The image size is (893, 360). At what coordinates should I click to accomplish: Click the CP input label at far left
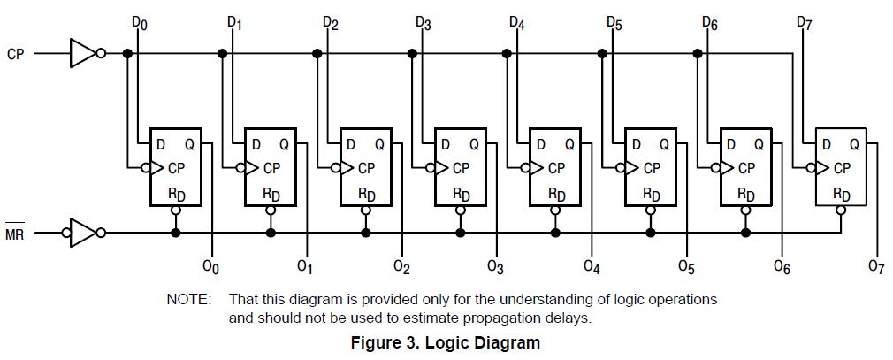(x=16, y=54)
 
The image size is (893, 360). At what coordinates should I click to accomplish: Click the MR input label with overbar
(x=15, y=235)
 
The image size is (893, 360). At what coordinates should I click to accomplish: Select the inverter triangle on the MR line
(x=83, y=234)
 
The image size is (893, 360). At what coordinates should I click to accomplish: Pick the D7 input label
(x=804, y=22)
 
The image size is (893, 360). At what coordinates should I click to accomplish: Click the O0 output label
(x=211, y=265)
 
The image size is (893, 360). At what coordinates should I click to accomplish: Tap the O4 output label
(x=592, y=265)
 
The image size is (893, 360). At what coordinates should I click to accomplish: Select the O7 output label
(x=876, y=265)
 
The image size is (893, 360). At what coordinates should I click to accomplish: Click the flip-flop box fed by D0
(x=176, y=167)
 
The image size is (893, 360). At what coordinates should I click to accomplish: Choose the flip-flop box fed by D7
(x=841, y=167)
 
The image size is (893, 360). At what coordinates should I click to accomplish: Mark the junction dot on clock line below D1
(x=222, y=54)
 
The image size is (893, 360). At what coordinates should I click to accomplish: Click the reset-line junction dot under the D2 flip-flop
(x=365, y=234)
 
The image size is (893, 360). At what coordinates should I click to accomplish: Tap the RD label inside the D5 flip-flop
(x=651, y=194)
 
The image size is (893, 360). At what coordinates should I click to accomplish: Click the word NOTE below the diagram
(x=188, y=300)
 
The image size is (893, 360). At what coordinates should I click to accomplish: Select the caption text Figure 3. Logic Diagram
(x=445, y=342)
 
